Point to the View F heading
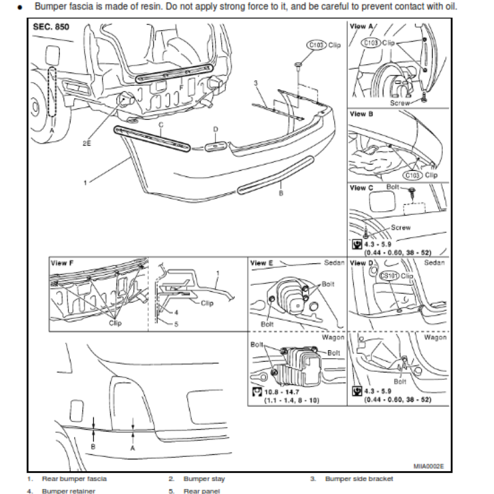pos(61,263)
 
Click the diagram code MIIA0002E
pos(429,467)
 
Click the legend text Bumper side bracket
pos(359,479)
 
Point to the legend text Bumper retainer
pos(69,491)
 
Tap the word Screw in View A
pos(400,103)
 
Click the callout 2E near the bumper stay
pos(86,141)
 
